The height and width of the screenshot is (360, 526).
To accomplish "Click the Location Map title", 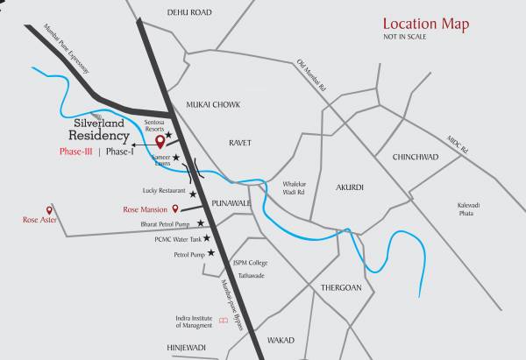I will pyautogui.click(x=427, y=25).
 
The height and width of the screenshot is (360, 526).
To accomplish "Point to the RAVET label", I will pyautogui.click(x=240, y=141).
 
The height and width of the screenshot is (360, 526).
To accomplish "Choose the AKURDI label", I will pyautogui.click(x=349, y=187).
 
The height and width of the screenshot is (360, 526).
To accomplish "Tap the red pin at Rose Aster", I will pyautogui.click(x=50, y=210).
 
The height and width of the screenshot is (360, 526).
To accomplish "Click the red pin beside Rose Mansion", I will pyautogui.click(x=176, y=208).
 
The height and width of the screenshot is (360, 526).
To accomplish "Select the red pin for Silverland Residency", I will pyautogui.click(x=159, y=140).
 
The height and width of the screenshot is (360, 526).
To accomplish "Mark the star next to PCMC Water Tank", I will pyautogui.click(x=207, y=238).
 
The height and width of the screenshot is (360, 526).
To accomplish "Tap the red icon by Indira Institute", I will pyautogui.click(x=224, y=321).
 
